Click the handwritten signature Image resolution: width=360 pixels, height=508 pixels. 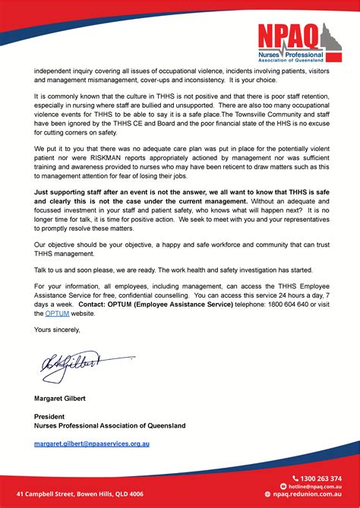coord(69,369)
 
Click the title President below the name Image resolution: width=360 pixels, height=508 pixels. coord(49,417)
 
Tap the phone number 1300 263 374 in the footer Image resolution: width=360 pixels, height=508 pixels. coord(321,478)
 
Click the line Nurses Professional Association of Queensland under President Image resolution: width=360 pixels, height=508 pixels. coord(109,426)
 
